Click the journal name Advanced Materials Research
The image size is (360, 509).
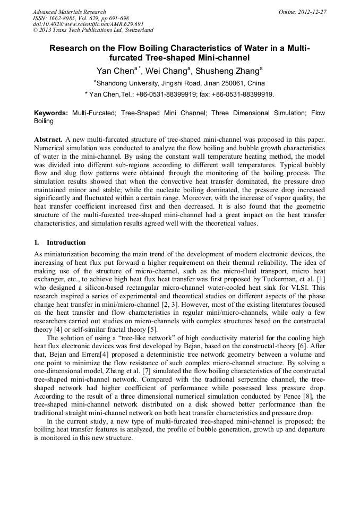69,12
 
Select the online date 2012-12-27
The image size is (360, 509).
312,12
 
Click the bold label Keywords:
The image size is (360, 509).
51,114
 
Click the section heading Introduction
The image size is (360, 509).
66,242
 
